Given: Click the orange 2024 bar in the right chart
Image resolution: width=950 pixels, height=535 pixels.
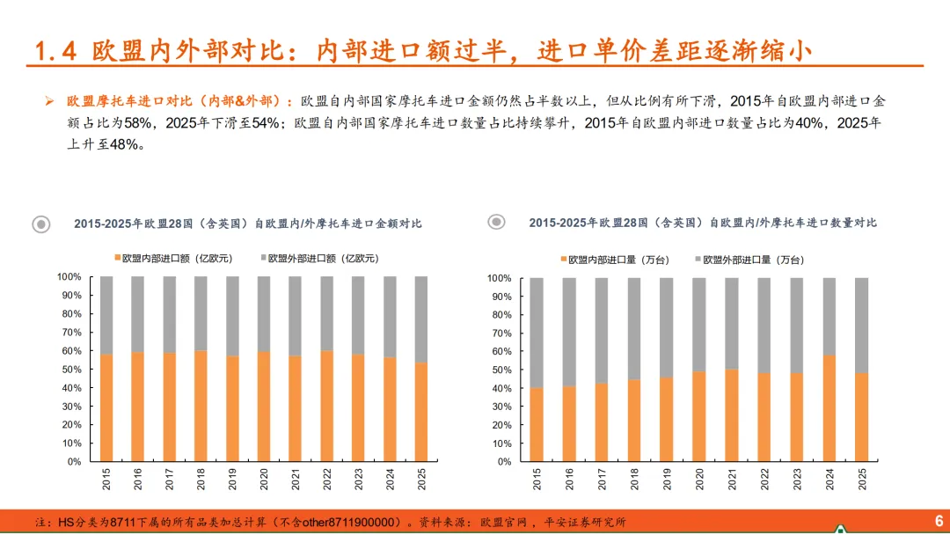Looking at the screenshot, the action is pyautogui.click(x=829, y=408).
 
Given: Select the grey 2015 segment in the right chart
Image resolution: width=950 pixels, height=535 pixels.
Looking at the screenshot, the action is pyautogui.click(x=537, y=333).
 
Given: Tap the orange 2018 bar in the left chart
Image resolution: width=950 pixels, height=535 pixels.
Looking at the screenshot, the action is pyautogui.click(x=201, y=406).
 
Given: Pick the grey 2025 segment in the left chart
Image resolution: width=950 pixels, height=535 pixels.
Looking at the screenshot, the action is pyautogui.click(x=421, y=319).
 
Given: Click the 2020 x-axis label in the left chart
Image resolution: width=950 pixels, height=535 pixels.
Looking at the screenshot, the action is pyautogui.click(x=264, y=480).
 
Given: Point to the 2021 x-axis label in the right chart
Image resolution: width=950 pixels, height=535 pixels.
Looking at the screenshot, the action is pyautogui.click(x=731, y=480).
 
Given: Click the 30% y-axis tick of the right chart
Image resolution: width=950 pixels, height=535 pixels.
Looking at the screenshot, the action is pyautogui.click(x=501, y=407).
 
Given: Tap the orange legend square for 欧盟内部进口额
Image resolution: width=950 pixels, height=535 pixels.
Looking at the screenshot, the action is pyautogui.click(x=118, y=258).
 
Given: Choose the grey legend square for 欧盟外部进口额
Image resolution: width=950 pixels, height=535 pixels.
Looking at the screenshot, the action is pyautogui.click(x=264, y=258).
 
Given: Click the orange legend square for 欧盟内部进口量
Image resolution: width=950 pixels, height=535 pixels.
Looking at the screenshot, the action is pyautogui.click(x=564, y=260).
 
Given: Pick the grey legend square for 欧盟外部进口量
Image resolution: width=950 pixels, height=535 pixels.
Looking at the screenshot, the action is pyautogui.click(x=698, y=260).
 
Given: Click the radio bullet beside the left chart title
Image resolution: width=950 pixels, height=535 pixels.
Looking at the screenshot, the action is pyautogui.click(x=41, y=224).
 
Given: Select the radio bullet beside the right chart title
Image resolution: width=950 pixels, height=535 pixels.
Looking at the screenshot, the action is pyautogui.click(x=496, y=222).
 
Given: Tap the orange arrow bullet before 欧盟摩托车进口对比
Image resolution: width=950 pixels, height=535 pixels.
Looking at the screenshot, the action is pyautogui.click(x=49, y=101).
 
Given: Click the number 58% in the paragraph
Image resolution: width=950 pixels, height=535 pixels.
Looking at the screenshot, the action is pyautogui.click(x=137, y=123).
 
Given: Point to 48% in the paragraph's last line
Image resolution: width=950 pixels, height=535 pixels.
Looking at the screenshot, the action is pyautogui.click(x=124, y=145).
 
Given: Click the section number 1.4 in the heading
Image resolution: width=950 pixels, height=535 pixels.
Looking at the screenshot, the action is pyautogui.click(x=55, y=51).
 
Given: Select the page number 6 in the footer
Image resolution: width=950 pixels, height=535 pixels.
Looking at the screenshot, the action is pyautogui.click(x=939, y=521).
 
